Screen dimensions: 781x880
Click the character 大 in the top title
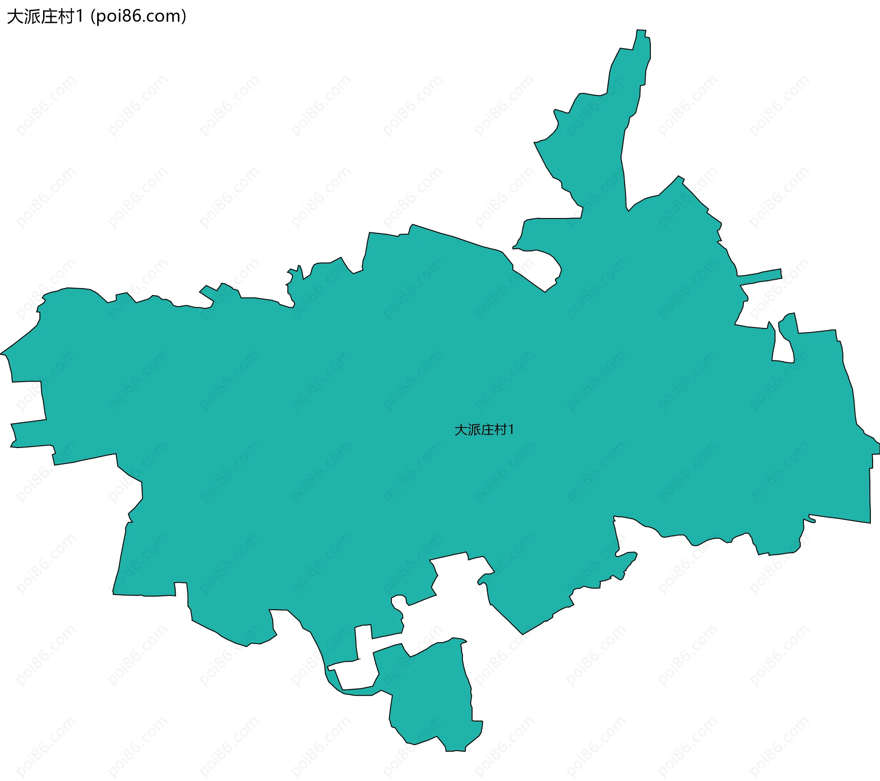15,16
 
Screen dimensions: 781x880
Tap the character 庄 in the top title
48,16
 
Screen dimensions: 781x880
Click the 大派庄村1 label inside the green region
484,430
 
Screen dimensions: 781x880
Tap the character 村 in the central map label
500,430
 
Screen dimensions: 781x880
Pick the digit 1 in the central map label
511,430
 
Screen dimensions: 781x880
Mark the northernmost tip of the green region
641,30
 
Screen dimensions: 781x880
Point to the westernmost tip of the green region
1,354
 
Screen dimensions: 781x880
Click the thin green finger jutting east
761,275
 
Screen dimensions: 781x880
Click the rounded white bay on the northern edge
536,268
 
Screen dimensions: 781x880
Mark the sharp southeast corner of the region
869,522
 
